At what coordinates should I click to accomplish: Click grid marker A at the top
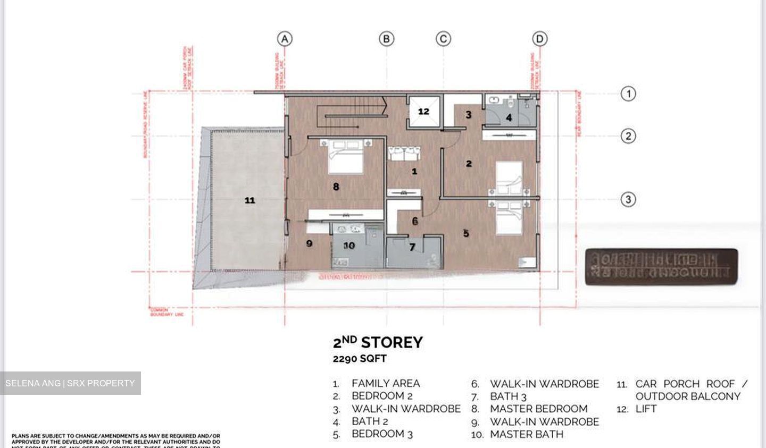tap(285, 39)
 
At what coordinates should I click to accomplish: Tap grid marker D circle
tap(539, 39)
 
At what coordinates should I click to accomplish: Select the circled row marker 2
tap(628, 136)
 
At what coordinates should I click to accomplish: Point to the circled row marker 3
tap(628, 199)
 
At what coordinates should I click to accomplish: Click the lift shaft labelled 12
tap(423, 112)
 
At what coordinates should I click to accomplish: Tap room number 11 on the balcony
tap(249, 200)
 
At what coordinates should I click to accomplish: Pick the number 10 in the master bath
tap(349, 246)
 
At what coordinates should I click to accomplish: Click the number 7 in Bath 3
tap(412, 247)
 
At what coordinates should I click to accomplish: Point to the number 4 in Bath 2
tap(509, 117)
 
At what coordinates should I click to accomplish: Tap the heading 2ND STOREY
tap(378, 342)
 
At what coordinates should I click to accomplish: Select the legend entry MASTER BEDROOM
tap(538, 409)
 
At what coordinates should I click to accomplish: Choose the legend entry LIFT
tap(646, 409)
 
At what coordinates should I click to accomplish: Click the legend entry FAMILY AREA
tap(385, 383)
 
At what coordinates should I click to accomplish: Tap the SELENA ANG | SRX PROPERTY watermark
tap(70, 383)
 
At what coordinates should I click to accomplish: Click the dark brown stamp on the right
tap(661, 267)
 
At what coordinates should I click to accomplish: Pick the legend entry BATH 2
tap(369, 421)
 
